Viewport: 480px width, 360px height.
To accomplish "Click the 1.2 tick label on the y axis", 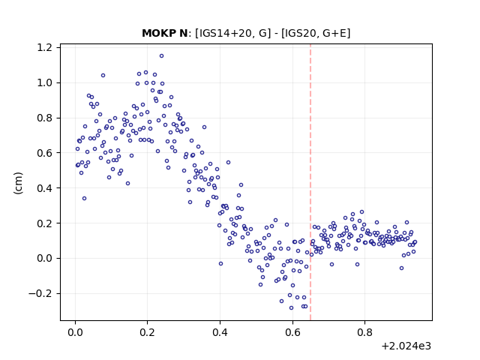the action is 44,48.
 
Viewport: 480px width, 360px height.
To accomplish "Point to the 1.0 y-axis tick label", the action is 44,83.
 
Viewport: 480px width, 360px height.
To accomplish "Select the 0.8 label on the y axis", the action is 44,118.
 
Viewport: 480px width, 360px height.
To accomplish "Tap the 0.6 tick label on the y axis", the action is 44,153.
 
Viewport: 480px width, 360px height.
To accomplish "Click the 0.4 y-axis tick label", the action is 44,188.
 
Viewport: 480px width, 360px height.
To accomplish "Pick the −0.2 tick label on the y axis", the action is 40,293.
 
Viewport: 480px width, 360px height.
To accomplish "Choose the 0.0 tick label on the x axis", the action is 75,332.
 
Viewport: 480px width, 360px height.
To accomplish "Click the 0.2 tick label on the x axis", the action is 147,332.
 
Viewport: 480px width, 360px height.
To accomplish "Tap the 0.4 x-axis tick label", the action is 220,332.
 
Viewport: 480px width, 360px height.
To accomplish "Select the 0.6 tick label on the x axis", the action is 292,332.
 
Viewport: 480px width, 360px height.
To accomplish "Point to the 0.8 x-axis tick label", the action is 364,332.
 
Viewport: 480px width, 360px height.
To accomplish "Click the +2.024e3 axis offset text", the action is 406,346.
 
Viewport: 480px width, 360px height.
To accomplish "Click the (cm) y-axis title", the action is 18,183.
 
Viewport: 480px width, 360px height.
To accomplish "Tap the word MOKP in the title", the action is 157,33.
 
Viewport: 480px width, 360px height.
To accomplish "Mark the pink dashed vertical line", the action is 310,182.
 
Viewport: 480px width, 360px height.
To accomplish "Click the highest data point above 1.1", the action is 162,56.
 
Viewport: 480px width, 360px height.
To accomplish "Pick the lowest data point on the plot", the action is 291,308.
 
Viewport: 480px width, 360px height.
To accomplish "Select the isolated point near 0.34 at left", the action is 84,198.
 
